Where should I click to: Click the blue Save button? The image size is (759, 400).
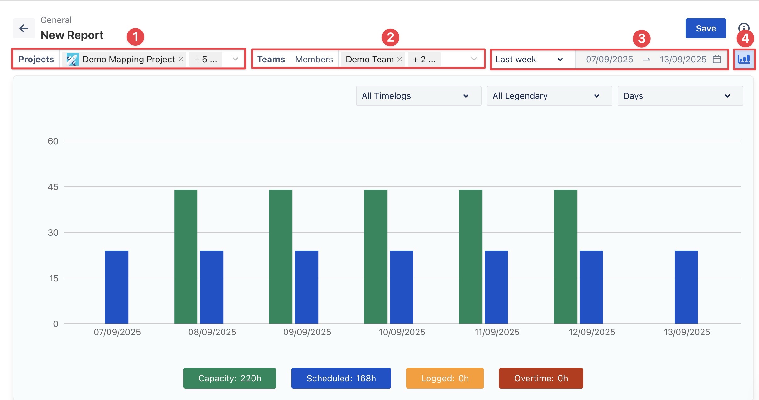coord(706,28)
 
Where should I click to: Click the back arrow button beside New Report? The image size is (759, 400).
coord(24,28)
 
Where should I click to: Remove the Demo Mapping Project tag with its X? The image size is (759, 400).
coord(181,59)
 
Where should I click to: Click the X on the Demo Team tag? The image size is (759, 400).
coord(400,59)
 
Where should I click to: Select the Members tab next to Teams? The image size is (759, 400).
coord(314,59)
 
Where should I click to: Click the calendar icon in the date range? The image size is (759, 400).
coord(717,59)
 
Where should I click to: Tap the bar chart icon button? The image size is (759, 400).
coord(744,59)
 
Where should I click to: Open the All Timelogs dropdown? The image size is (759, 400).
coord(418,96)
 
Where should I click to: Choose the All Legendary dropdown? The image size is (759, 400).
coord(549,96)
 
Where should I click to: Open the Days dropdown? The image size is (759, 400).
coord(680,96)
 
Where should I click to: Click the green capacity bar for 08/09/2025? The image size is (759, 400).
coord(186,257)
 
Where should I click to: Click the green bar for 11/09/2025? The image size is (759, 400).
coord(471,257)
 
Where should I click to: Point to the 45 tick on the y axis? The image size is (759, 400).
coord(53,187)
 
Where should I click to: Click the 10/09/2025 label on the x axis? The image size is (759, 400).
coord(402,332)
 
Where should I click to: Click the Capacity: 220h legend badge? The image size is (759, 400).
coord(230,378)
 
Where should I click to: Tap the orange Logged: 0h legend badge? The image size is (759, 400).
coord(445,378)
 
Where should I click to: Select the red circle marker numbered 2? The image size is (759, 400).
coord(390,37)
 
